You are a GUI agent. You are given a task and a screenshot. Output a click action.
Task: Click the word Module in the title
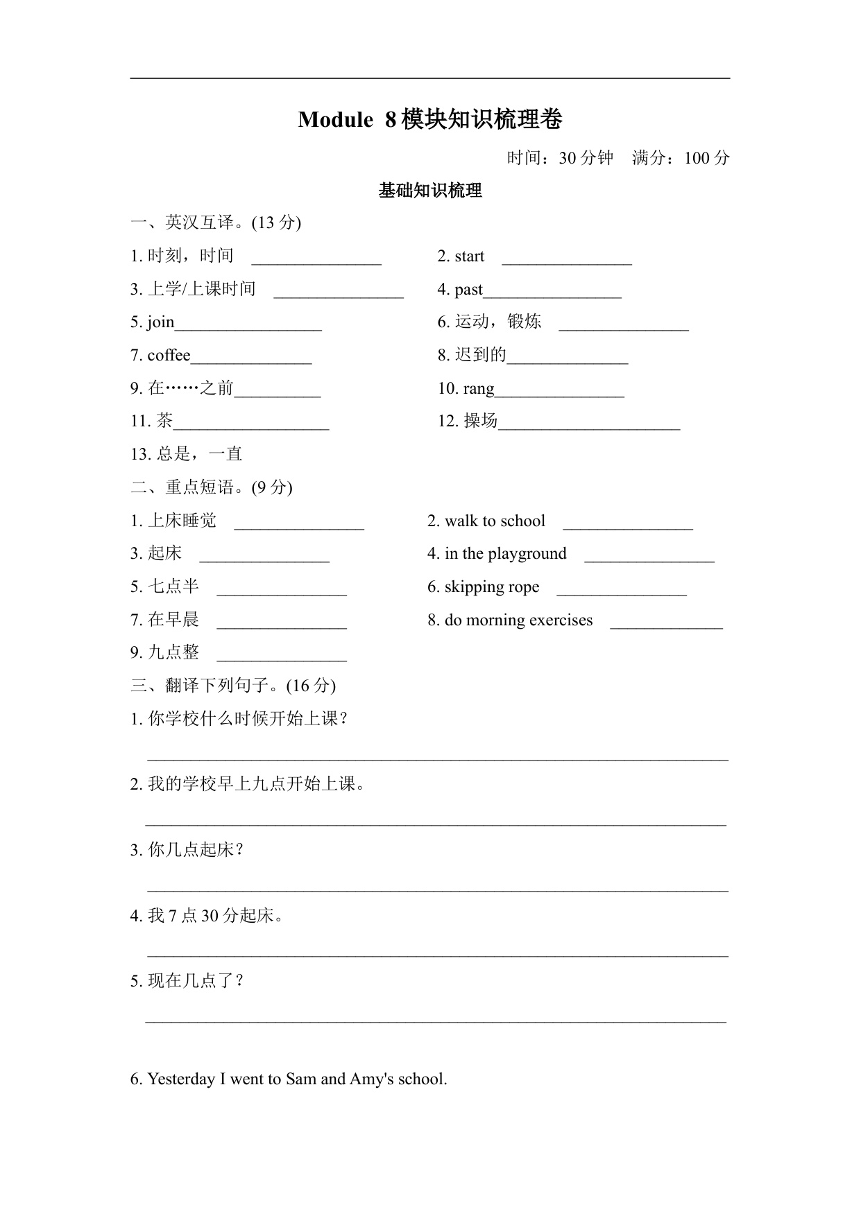(335, 120)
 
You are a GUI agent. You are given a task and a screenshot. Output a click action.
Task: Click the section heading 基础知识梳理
(430, 191)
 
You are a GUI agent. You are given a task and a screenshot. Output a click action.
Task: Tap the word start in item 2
(470, 257)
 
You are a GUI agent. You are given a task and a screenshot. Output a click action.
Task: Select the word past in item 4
(468, 290)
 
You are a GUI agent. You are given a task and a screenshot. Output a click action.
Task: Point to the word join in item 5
(160, 322)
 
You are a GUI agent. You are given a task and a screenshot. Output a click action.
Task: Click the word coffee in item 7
(169, 356)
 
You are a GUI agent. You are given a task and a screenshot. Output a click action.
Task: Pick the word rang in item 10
(479, 389)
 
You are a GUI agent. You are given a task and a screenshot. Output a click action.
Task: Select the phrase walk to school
(495, 521)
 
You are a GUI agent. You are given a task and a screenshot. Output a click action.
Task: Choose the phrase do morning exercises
(518, 620)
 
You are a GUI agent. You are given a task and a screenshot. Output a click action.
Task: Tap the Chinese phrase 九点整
(173, 652)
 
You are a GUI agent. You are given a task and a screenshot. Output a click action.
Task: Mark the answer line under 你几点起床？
(437, 889)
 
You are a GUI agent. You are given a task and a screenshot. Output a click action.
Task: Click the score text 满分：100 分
(681, 158)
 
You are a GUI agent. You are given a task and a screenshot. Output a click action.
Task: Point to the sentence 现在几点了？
(196, 981)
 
